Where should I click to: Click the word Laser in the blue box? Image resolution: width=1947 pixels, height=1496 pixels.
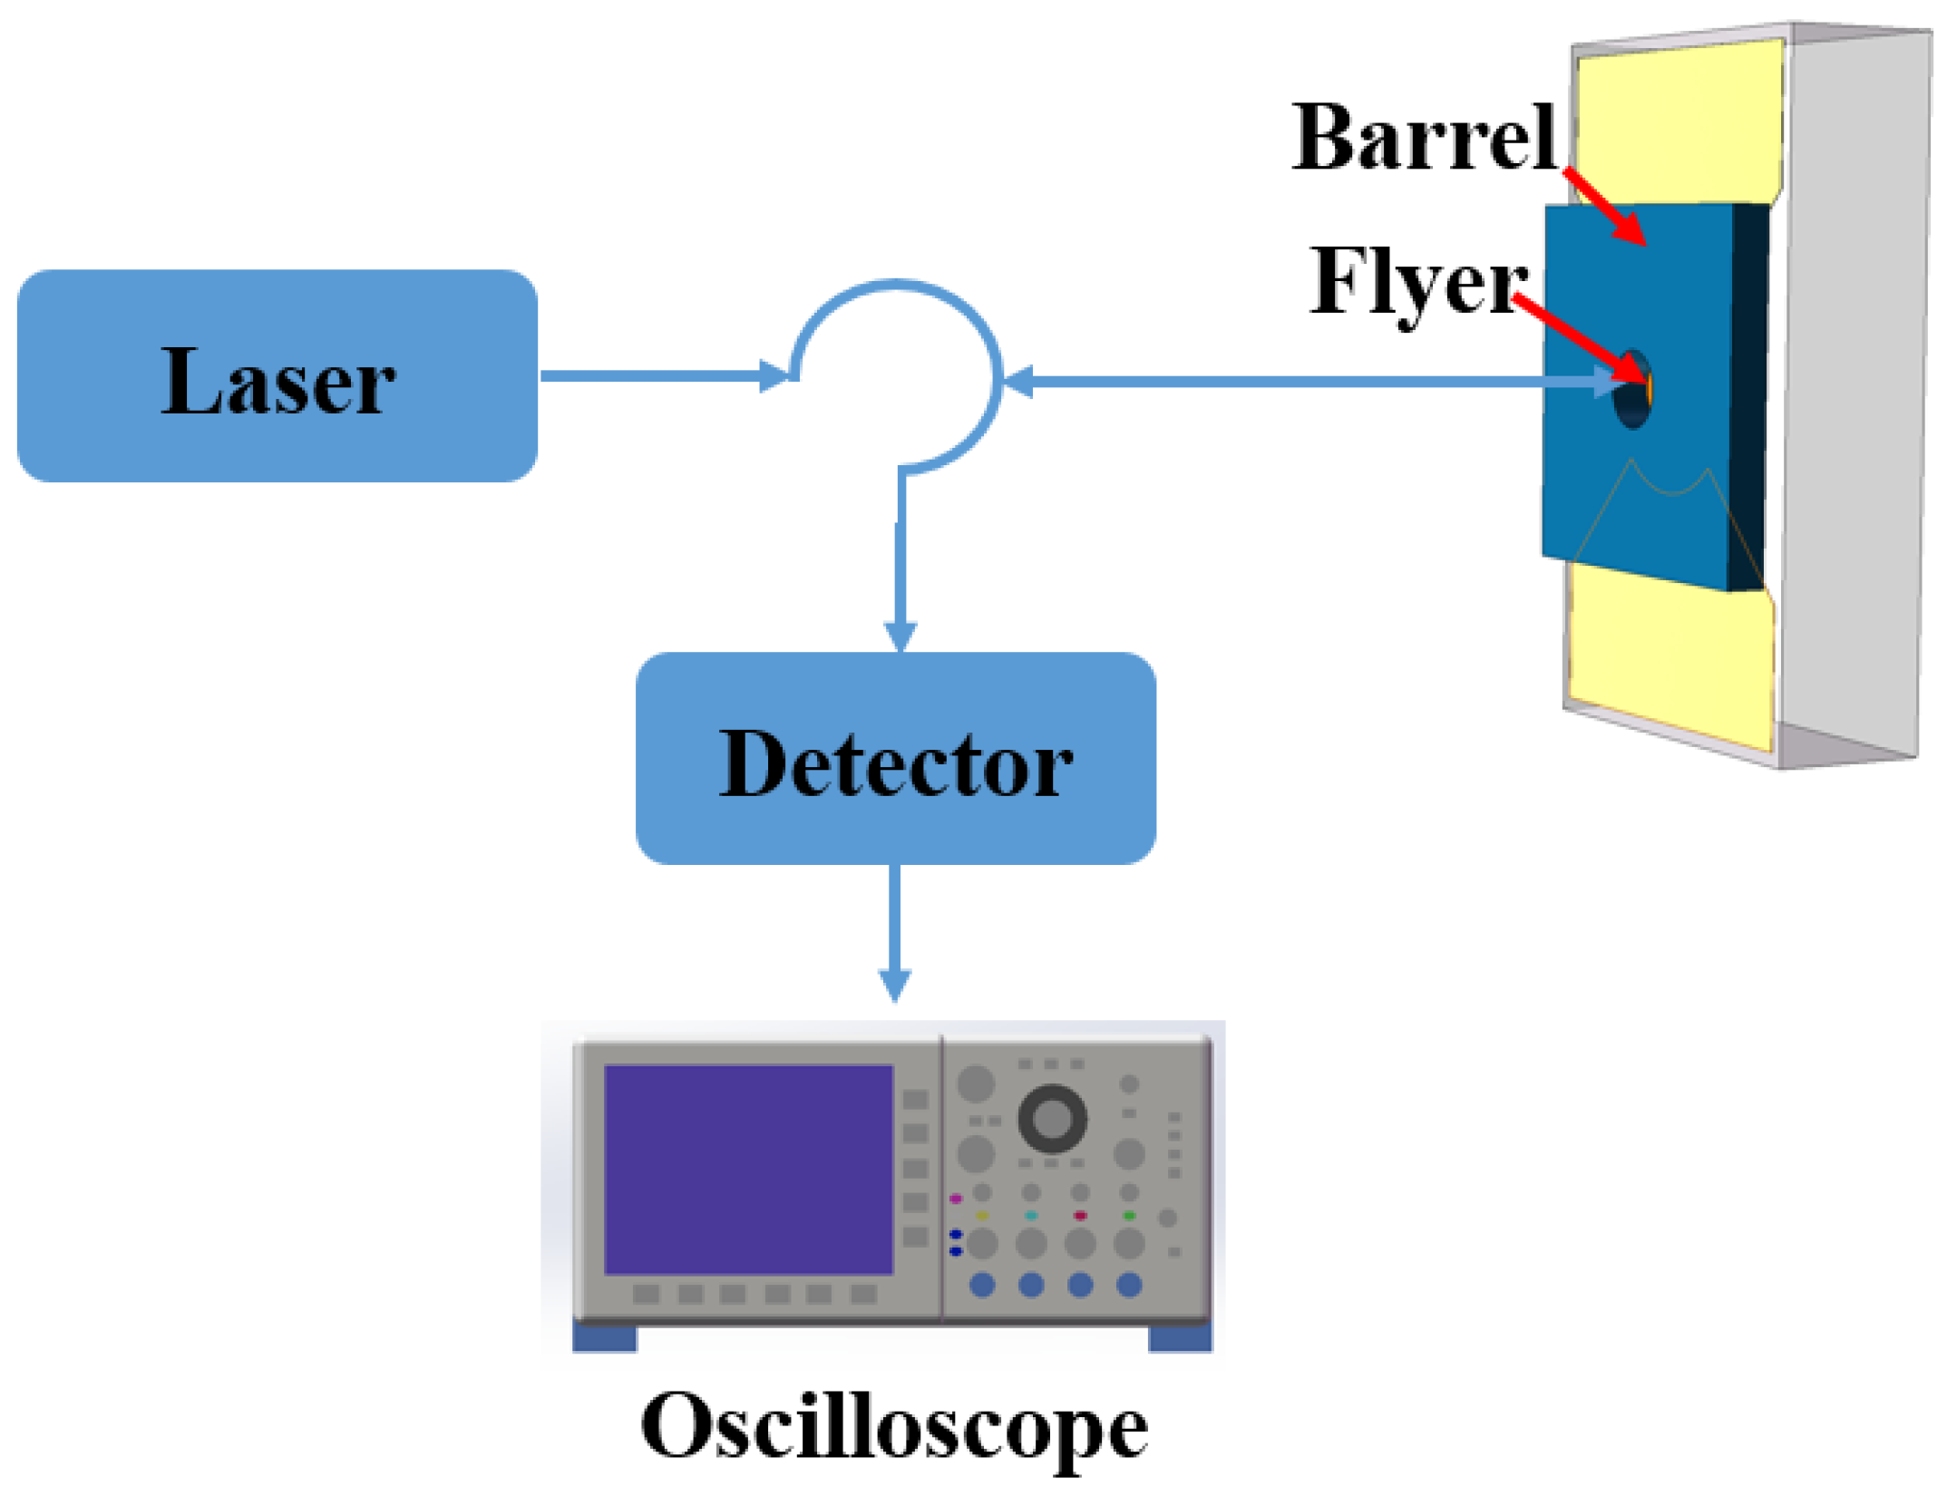(x=277, y=383)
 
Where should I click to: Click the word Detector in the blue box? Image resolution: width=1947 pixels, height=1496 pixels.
(x=895, y=764)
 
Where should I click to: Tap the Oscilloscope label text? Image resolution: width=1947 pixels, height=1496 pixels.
(x=894, y=1427)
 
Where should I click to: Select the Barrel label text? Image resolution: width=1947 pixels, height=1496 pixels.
(x=1424, y=138)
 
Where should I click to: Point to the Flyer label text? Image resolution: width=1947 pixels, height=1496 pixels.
(x=1418, y=283)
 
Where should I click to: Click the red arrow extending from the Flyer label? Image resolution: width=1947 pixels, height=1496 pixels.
(x=1582, y=340)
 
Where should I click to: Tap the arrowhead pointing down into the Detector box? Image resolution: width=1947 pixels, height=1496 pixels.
(x=900, y=636)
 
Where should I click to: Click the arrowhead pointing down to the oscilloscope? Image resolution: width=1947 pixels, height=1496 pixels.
(x=895, y=985)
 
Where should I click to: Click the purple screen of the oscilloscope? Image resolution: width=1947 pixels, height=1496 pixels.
(x=748, y=1170)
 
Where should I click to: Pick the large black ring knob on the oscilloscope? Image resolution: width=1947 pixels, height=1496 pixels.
(x=1052, y=1118)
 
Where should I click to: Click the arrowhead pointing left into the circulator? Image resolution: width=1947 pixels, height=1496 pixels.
(x=1018, y=382)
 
